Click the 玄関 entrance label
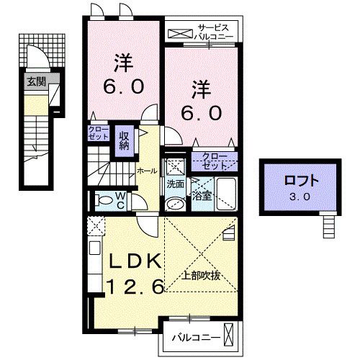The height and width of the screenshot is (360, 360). pos(36,81)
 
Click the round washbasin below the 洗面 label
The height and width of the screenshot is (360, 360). pos(174,204)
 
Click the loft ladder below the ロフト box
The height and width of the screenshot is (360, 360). pos(329,228)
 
